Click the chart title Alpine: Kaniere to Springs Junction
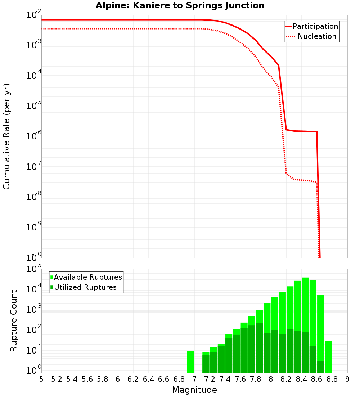[180, 6]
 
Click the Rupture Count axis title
[14, 320]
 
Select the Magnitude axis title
[194, 390]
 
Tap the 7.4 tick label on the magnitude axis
[225, 379]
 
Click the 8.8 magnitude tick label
[332, 379]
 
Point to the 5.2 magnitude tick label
[57, 379]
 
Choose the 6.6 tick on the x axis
[164, 379]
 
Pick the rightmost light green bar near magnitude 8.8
[328, 356]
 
